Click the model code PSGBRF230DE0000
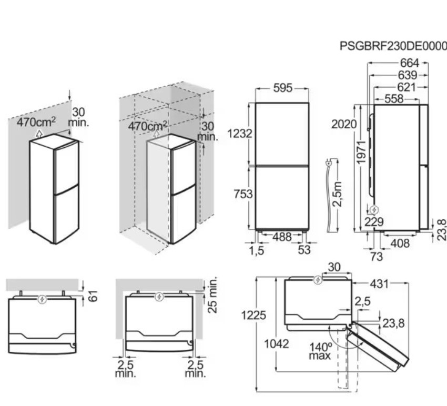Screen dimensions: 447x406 pyautogui.click(x=393, y=46)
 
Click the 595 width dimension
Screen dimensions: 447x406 pyautogui.click(x=283, y=88)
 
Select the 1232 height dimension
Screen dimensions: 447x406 pyautogui.click(x=240, y=134)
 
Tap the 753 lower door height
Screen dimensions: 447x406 pyautogui.click(x=243, y=194)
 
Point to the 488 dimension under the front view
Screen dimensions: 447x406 pyautogui.click(x=282, y=237)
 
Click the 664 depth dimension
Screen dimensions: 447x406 pyautogui.click(x=410, y=63)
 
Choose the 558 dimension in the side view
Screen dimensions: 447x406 pyautogui.click(x=394, y=99)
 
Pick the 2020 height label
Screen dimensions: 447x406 pyautogui.click(x=344, y=124)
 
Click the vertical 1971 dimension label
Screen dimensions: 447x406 pyautogui.click(x=361, y=153)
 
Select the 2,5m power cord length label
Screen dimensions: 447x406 pyautogui.click(x=338, y=194)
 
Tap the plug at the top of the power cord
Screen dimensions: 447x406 pyautogui.click(x=328, y=163)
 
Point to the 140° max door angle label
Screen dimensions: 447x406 pyautogui.click(x=320, y=351)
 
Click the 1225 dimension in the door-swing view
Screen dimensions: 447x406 pyautogui.click(x=253, y=316)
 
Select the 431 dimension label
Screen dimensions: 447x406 pyautogui.click(x=379, y=284)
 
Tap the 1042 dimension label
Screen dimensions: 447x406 pyautogui.click(x=277, y=344)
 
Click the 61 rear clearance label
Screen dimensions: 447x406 pyautogui.click(x=93, y=296)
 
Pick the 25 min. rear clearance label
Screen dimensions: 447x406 pyautogui.click(x=212, y=295)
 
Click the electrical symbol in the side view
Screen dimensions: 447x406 pyautogui.click(x=374, y=210)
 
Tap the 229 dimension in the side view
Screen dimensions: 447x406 pyautogui.click(x=374, y=222)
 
